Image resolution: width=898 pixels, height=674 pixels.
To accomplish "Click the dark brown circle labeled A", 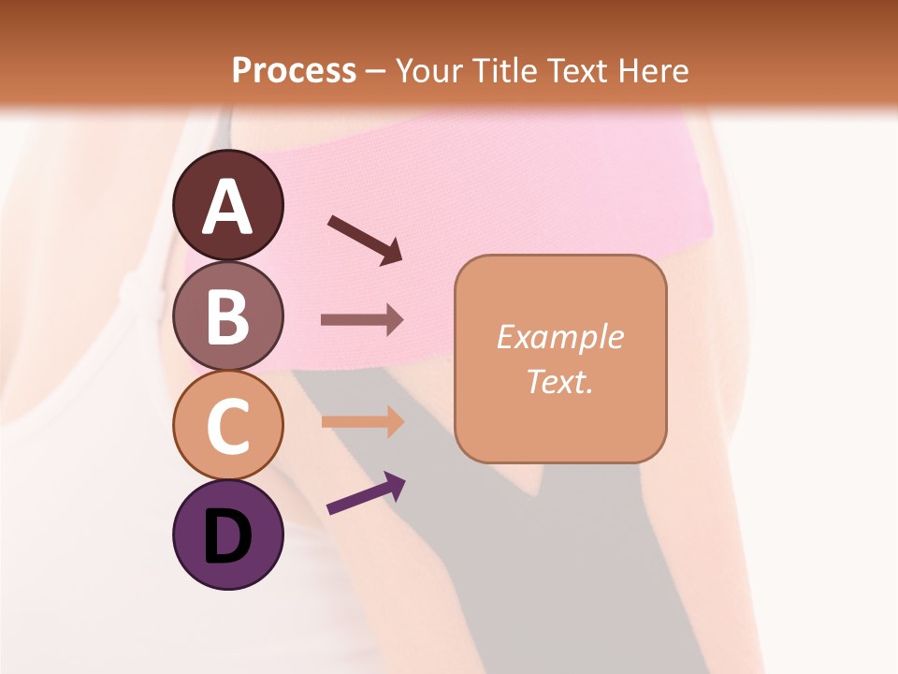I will click(228, 205).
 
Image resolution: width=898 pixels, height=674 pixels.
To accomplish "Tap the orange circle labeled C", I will click(228, 425).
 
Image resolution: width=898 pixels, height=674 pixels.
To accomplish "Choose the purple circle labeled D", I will click(228, 535).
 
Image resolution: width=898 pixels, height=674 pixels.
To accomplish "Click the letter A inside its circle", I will click(228, 207).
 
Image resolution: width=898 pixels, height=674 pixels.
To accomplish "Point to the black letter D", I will click(228, 536).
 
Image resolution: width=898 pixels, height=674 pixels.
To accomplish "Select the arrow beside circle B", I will click(362, 320).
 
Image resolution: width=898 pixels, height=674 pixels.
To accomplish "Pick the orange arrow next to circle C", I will click(362, 421).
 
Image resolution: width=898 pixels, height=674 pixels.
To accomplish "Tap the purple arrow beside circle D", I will click(366, 493).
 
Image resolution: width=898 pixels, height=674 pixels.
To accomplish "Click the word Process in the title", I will click(294, 70).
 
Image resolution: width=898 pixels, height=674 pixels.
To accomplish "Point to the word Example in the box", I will click(560, 337).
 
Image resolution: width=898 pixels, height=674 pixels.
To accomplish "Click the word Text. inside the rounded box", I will click(560, 381).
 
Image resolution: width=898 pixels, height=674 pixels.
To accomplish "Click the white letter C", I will click(228, 427).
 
